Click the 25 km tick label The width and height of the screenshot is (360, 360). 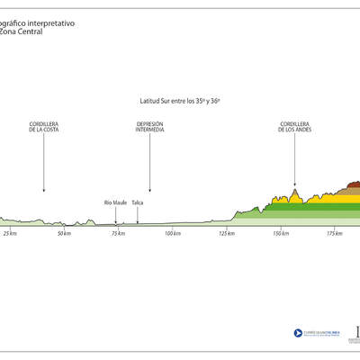click(x=10, y=234)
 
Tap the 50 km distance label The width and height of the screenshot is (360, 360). click(x=64, y=234)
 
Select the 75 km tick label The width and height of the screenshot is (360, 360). click(x=118, y=234)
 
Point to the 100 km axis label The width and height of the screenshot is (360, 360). click(x=173, y=234)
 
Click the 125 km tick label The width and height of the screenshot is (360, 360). click(x=227, y=234)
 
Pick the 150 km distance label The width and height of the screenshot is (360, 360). click(x=282, y=234)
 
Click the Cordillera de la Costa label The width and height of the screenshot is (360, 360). click(x=43, y=127)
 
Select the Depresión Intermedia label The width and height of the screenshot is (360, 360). click(x=149, y=127)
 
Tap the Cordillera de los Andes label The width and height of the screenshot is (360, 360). click(x=294, y=127)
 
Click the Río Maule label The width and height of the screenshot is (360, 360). click(x=114, y=202)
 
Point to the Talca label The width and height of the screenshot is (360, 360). click(x=137, y=202)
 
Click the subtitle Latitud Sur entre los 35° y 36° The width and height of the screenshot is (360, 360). click(x=179, y=102)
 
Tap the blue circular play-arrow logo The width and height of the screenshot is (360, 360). click(x=298, y=332)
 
